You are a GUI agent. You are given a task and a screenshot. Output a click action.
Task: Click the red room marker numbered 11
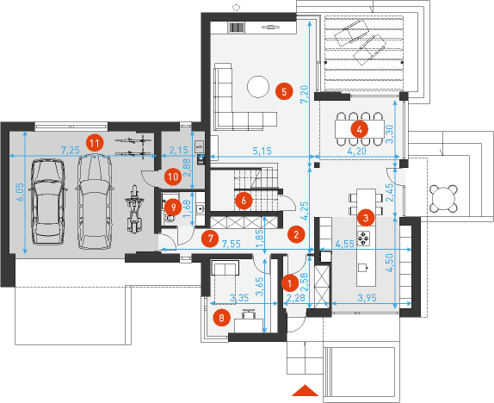95,143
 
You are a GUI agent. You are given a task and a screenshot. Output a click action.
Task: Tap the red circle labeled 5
284,92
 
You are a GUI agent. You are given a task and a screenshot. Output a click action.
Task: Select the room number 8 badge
221,318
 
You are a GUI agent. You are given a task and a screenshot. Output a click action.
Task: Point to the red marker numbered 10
173,177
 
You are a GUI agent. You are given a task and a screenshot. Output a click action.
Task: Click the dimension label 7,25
70,150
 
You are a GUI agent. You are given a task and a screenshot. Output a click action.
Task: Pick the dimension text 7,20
304,94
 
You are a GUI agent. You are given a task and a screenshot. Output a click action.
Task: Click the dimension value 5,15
262,151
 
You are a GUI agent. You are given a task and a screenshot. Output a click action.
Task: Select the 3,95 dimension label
367,297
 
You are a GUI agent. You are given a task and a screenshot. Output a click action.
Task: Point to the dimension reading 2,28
295,297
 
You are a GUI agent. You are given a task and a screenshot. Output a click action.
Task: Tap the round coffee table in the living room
258,86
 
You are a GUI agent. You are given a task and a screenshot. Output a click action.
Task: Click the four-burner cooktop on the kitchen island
363,238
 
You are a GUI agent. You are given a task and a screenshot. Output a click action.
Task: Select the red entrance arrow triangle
305,390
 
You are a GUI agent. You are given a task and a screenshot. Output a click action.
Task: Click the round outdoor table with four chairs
443,198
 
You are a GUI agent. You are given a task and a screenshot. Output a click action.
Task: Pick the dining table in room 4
360,128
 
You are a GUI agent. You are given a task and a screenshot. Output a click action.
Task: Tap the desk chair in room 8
248,314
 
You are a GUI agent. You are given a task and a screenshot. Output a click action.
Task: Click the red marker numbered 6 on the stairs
244,201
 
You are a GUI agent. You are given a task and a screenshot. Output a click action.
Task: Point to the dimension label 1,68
188,208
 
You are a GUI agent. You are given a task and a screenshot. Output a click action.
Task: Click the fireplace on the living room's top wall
236,28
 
